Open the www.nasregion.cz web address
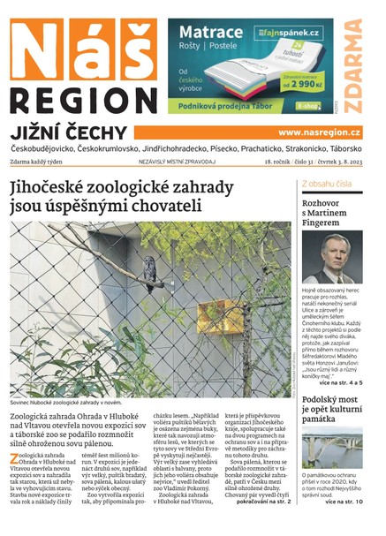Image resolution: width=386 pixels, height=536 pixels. pyautogui.click(x=319, y=132)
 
